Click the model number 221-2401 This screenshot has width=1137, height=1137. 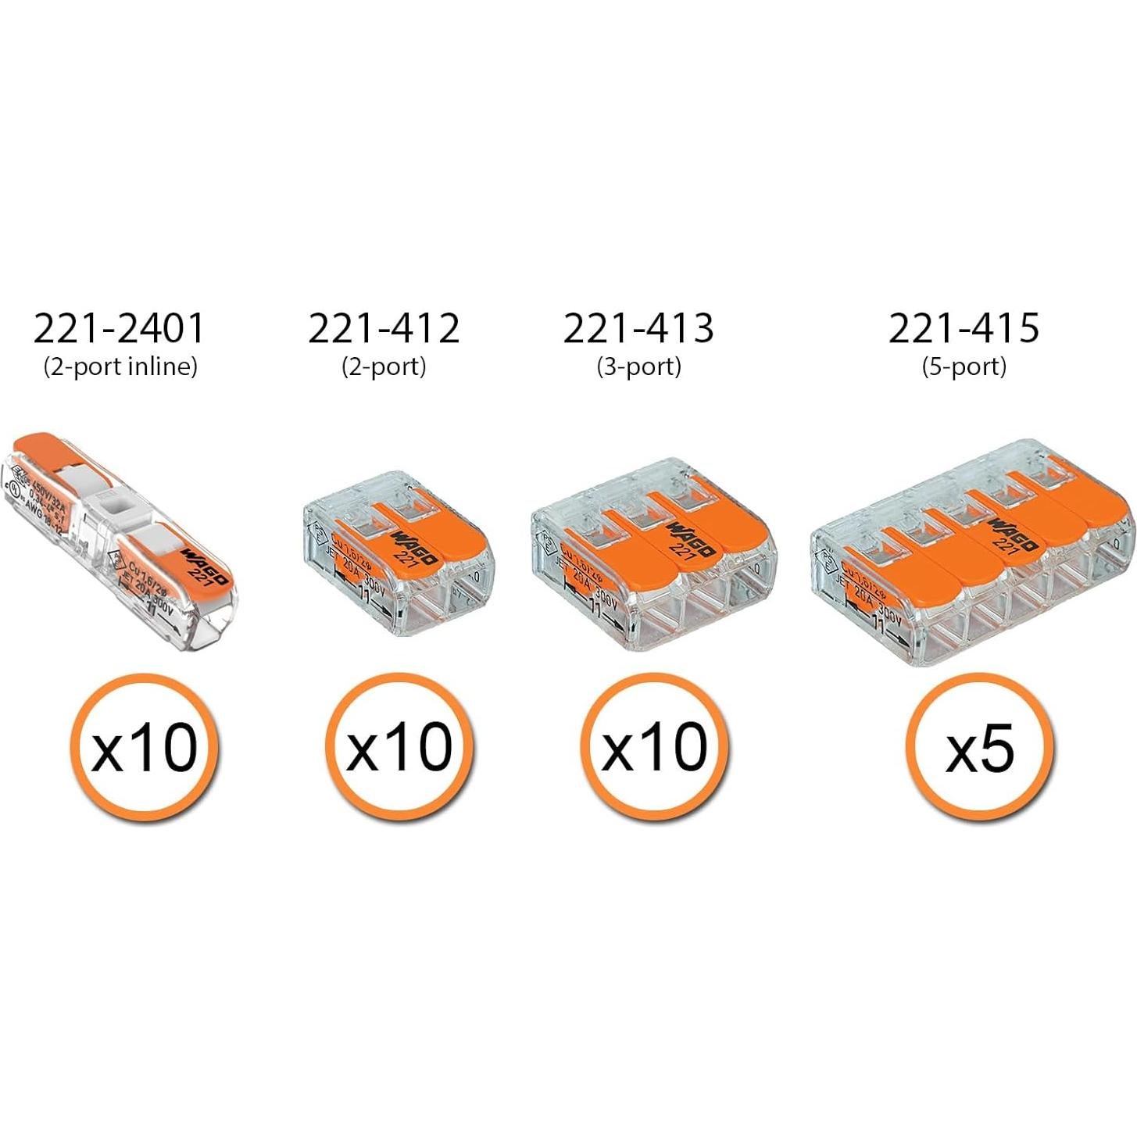119,328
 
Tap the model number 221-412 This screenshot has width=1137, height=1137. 384,328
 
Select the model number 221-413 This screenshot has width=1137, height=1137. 638,328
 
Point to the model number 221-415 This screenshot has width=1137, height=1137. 964,328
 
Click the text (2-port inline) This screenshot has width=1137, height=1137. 120,366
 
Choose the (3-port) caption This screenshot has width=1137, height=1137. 638,366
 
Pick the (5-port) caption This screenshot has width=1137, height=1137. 964,366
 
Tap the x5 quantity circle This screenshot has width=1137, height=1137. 979,748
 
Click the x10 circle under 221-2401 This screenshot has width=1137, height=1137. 145,748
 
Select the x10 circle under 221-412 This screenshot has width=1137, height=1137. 399,748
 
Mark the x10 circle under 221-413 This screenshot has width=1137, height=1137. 654,748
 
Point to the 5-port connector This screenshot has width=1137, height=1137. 972,555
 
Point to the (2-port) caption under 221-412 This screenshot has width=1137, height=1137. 384,366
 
